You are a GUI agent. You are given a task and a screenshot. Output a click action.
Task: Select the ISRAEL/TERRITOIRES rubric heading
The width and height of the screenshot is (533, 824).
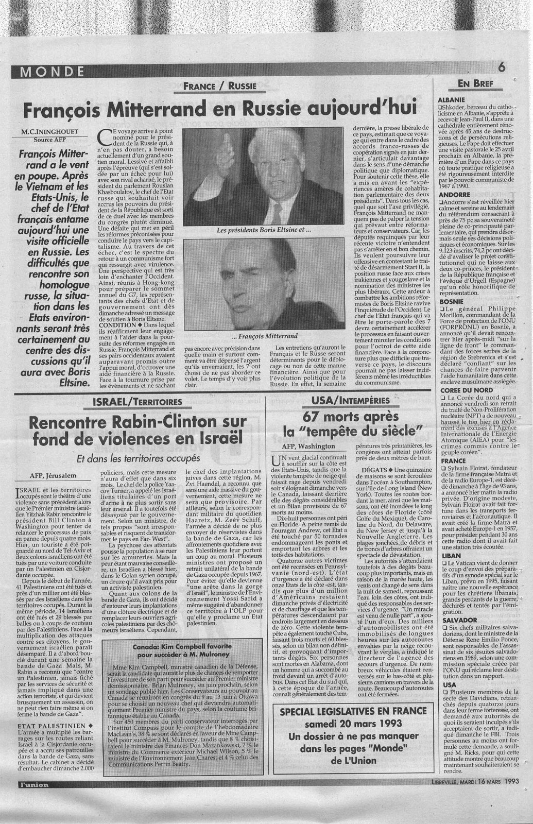[136, 401]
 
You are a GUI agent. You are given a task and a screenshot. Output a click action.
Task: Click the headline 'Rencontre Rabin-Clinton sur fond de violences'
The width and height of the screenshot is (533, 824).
[136, 431]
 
